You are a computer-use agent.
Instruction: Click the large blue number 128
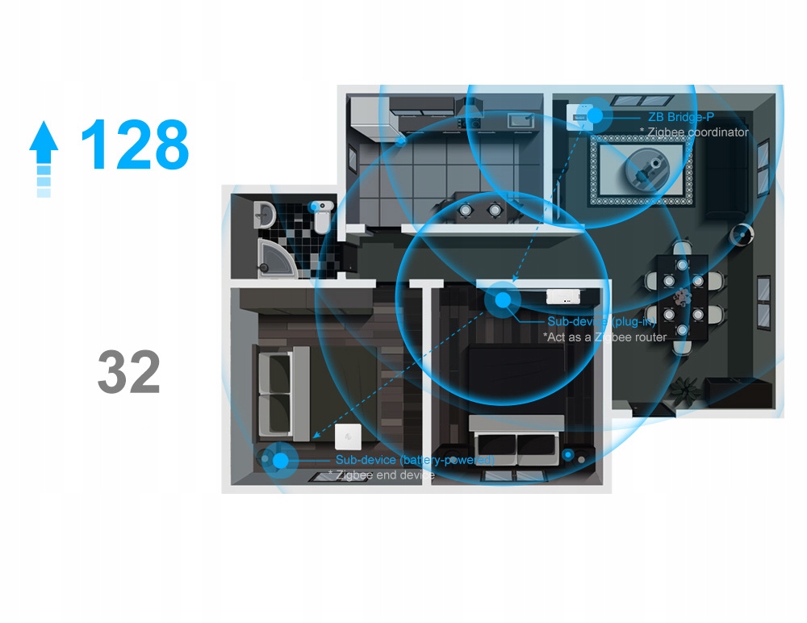135,145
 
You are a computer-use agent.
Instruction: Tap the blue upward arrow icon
44,158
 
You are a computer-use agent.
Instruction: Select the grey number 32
129,373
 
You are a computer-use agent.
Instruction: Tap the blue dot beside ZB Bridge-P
596,115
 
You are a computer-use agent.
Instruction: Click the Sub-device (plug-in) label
601,322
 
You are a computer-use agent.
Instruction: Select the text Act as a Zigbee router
604,337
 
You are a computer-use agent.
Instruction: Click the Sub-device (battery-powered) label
414,460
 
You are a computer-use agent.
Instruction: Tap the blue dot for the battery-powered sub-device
280,461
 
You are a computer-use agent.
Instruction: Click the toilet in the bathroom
320,215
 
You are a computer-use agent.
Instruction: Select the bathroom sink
266,214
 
